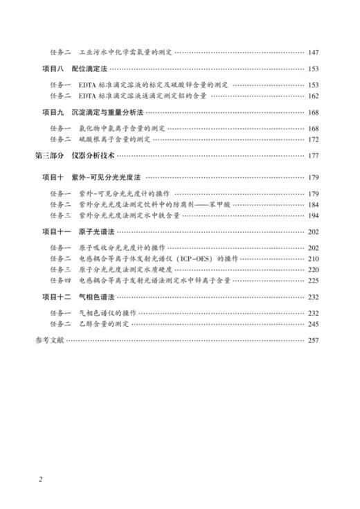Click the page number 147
tap(312, 52)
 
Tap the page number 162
tap(312, 96)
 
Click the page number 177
tap(312, 156)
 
